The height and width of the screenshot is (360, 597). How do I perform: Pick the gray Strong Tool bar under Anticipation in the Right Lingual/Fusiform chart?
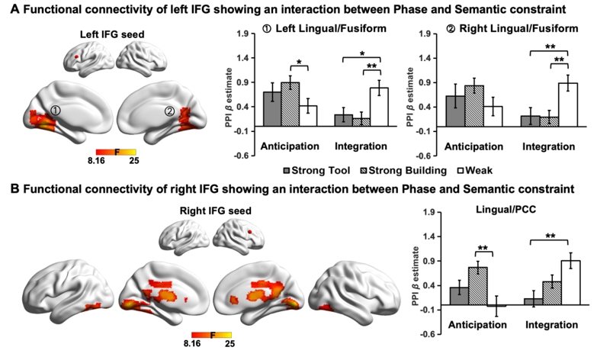pyautogui.click(x=455, y=110)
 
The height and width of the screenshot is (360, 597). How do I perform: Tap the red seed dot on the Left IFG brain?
pyautogui.click(x=75, y=56)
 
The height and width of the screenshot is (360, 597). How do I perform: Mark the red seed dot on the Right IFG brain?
pyautogui.click(x=249, y=227)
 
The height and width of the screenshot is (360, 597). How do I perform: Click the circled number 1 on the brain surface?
pyautogui.click(x=55, y=111)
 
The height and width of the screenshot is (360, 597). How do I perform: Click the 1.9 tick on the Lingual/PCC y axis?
pyautogui.click(x=428, y=213)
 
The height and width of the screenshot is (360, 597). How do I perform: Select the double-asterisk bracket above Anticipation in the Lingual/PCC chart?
pyautogui.click(x=480, y=252)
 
